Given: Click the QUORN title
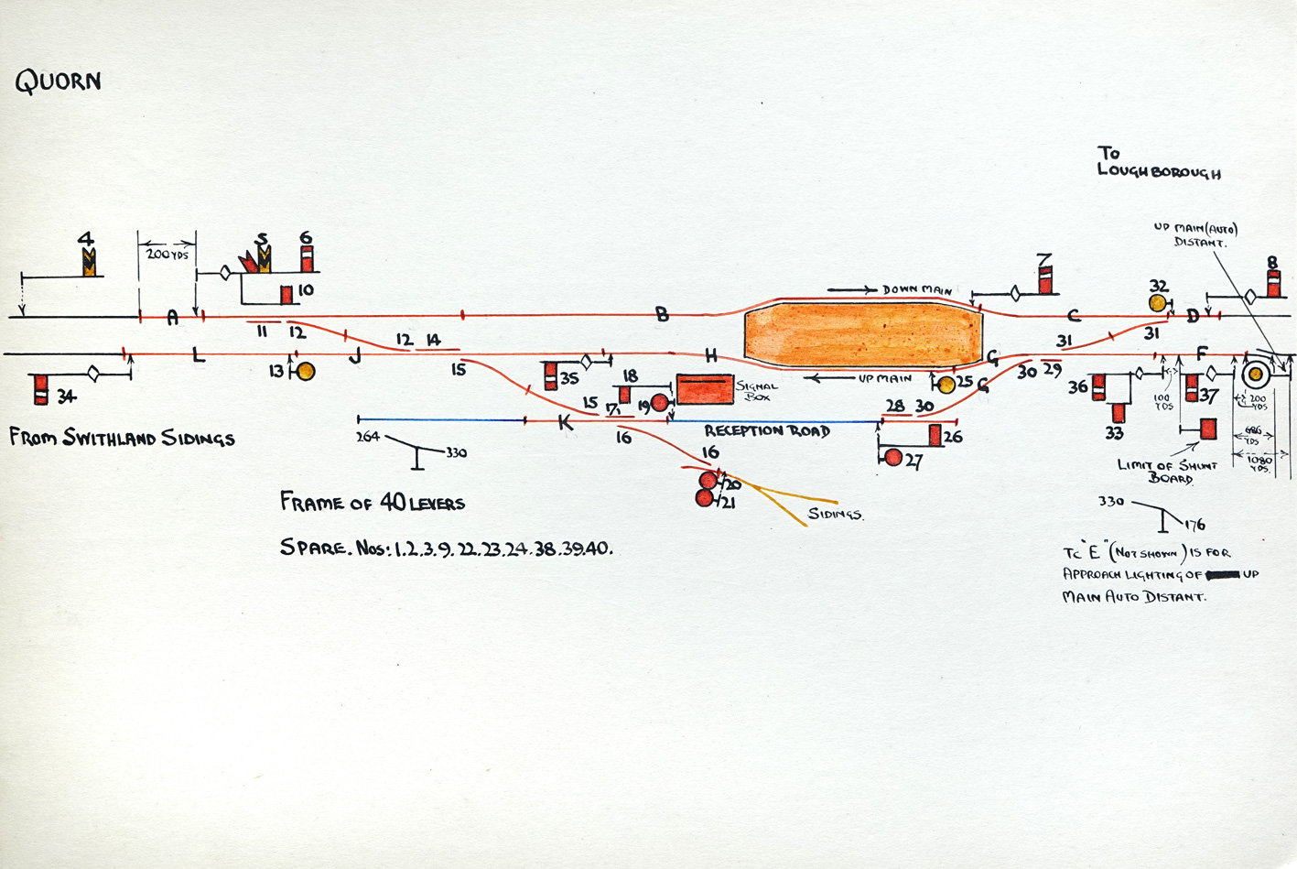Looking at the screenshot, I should [58, 82].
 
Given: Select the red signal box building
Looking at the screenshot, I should [705, 389].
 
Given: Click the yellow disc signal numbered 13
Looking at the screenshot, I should [306, 371].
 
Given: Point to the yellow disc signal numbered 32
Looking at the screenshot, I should [1158, 303].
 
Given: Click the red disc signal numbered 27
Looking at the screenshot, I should [893, 458].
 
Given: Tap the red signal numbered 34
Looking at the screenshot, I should [41, 389].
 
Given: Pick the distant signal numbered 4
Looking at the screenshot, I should [89, 263].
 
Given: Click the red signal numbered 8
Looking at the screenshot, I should [1273, 282].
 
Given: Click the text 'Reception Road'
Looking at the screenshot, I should [766, 430].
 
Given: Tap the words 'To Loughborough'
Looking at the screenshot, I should [1158, 162].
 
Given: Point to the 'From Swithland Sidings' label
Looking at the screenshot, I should [122, 438].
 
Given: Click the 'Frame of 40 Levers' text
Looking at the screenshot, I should [372, 503].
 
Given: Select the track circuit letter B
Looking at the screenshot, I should [662, 314].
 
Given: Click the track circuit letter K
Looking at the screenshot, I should [565, 423].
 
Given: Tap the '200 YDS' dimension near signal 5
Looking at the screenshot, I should [168, 254].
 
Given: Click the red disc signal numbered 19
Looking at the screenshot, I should [659, 403].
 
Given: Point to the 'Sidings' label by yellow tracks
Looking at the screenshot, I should [835, 514].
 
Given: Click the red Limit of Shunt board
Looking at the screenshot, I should [1208, 429].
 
